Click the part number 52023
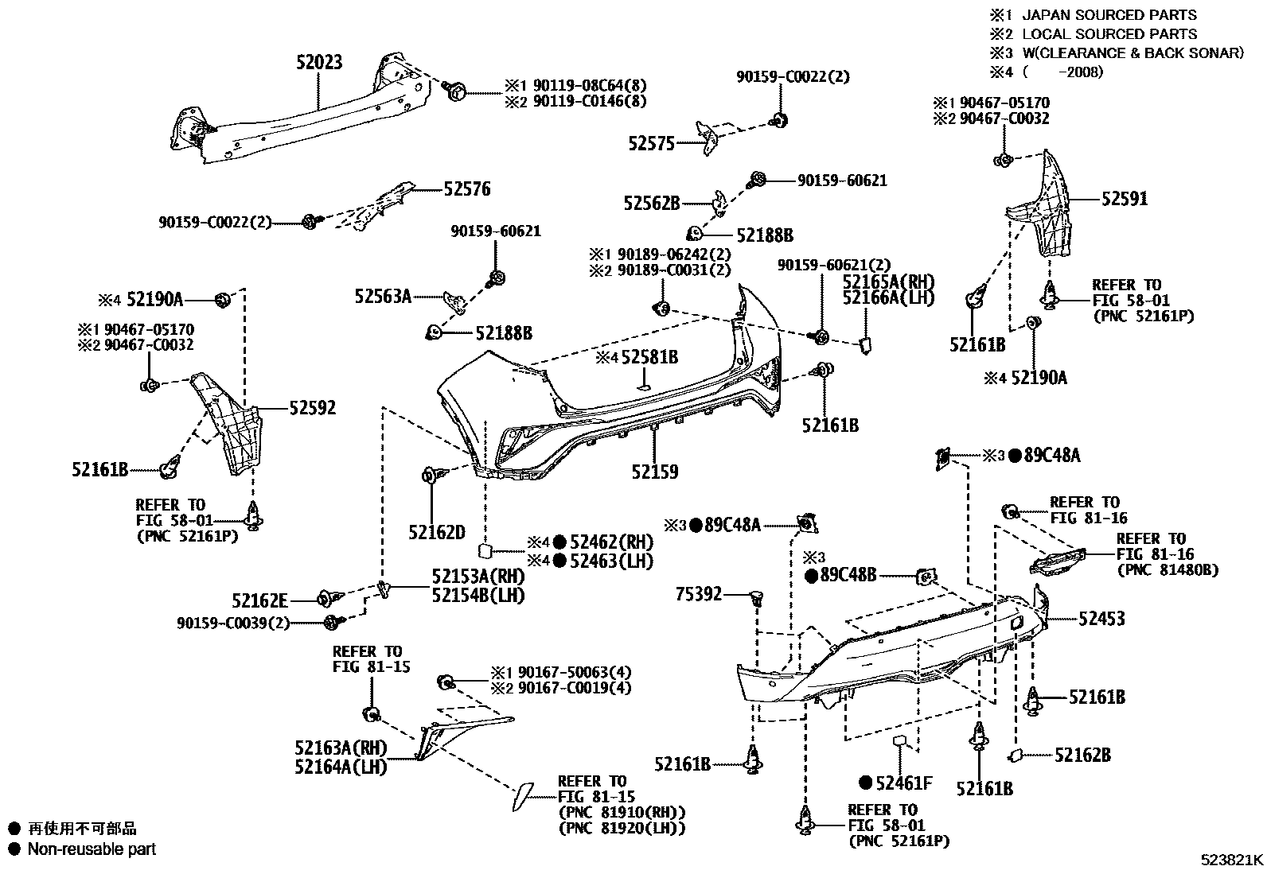pos(319,62)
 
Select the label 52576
pos(467,189)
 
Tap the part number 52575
pos(651,143)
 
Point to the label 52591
pos(1125,199)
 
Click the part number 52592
pos(312,408)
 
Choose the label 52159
pos(655,472)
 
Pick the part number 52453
pos(1101,619)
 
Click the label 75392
pos(699,593)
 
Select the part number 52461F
pos(903,783)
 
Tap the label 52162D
pos(437,532)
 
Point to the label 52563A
pos(383,297)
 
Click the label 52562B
pos(652,204)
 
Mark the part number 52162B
pos(1082,755)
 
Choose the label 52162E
pos(260,600)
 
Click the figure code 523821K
pos(1232,860)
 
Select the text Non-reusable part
pos(92,849)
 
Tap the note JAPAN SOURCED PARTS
pos(1109,14)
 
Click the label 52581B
pos(649,358)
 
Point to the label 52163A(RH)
pos(340,748)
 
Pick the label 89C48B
pos(848,574)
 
